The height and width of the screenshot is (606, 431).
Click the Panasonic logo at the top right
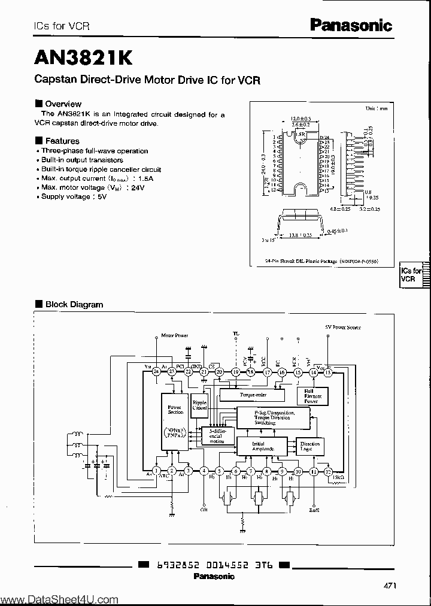coord(351,25)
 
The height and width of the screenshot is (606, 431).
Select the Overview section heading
coord(63,104)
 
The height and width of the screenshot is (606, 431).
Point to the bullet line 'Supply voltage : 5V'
coord(74,196)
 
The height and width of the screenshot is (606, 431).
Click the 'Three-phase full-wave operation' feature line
coord(94,151)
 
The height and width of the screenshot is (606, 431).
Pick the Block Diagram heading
coord(74,304)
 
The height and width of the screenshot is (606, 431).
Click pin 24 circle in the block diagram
coord(156,372)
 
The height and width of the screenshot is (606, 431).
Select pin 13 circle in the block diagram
coord(328,372)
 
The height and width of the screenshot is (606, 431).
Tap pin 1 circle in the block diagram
coord(156,471)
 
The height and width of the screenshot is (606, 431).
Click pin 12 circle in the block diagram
coord(328,471)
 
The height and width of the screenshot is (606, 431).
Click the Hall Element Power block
coord(312,395)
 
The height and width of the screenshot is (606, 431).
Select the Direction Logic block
coord(311,446)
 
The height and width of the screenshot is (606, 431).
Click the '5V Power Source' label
coord(343,328)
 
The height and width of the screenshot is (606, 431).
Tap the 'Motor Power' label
coord(175,336)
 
